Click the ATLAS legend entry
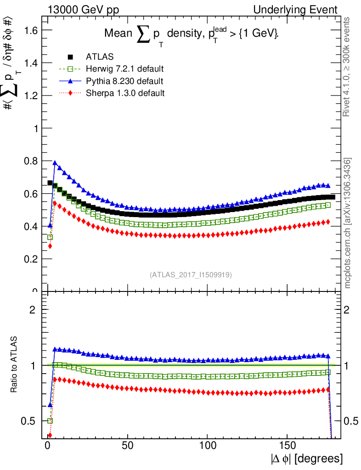[x=101, y=57]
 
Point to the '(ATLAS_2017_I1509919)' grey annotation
[x=191, y=275]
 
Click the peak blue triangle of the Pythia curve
[x=55, y=162]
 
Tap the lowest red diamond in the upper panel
[x=50, y=246]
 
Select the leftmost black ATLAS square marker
[x=50, y=183]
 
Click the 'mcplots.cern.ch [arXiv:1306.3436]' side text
[x=348, y=224]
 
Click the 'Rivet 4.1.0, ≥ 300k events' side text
[x=348, y=67]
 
